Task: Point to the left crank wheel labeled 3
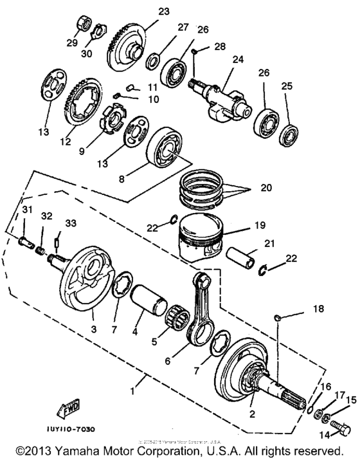(x=90, y=286)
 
